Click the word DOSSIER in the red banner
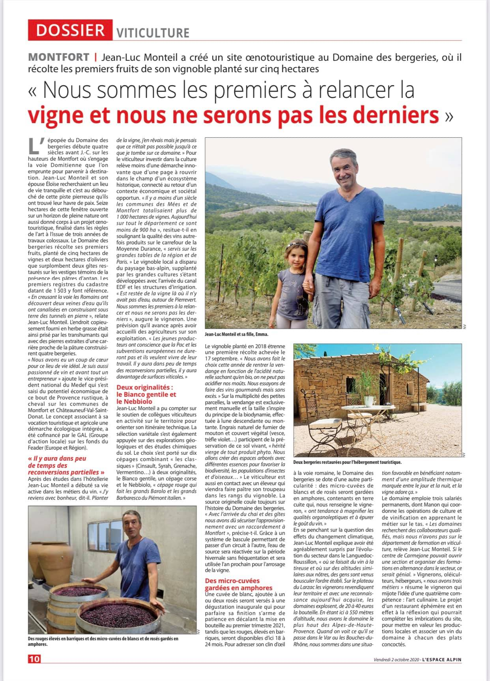70,30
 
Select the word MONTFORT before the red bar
59,57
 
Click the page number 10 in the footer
34,659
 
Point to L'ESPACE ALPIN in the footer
441,659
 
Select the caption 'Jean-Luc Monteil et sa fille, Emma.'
236,334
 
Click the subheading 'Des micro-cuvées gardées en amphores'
238,584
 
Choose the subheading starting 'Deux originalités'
146,394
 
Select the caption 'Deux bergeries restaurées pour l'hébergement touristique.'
347,462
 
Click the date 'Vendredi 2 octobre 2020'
396,659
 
